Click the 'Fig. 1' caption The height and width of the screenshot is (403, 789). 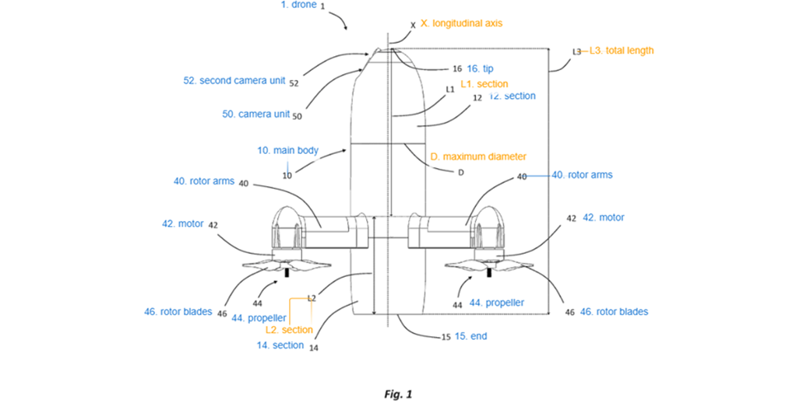398,394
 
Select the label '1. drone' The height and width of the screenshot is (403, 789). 298,5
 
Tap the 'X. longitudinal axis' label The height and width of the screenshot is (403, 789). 461,23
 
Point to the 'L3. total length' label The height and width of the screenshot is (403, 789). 622,51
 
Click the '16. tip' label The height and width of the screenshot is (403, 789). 480,68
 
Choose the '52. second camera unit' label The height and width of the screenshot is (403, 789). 234,80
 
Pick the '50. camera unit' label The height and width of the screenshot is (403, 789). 256,114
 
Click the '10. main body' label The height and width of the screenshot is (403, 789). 288,150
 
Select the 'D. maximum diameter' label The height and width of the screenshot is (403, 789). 478,157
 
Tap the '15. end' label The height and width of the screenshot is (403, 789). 471,336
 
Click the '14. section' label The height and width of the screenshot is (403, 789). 280,345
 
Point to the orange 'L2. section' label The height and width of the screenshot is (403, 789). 289,330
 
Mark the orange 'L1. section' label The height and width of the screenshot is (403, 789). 484,84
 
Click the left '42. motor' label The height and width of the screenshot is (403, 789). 183,223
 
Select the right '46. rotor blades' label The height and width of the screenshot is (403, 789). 614,311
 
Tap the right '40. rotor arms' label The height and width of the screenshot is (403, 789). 582,175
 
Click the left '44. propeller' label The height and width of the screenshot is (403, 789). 259,318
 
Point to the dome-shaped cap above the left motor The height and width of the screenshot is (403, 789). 287,217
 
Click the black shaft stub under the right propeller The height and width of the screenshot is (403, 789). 489,272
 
